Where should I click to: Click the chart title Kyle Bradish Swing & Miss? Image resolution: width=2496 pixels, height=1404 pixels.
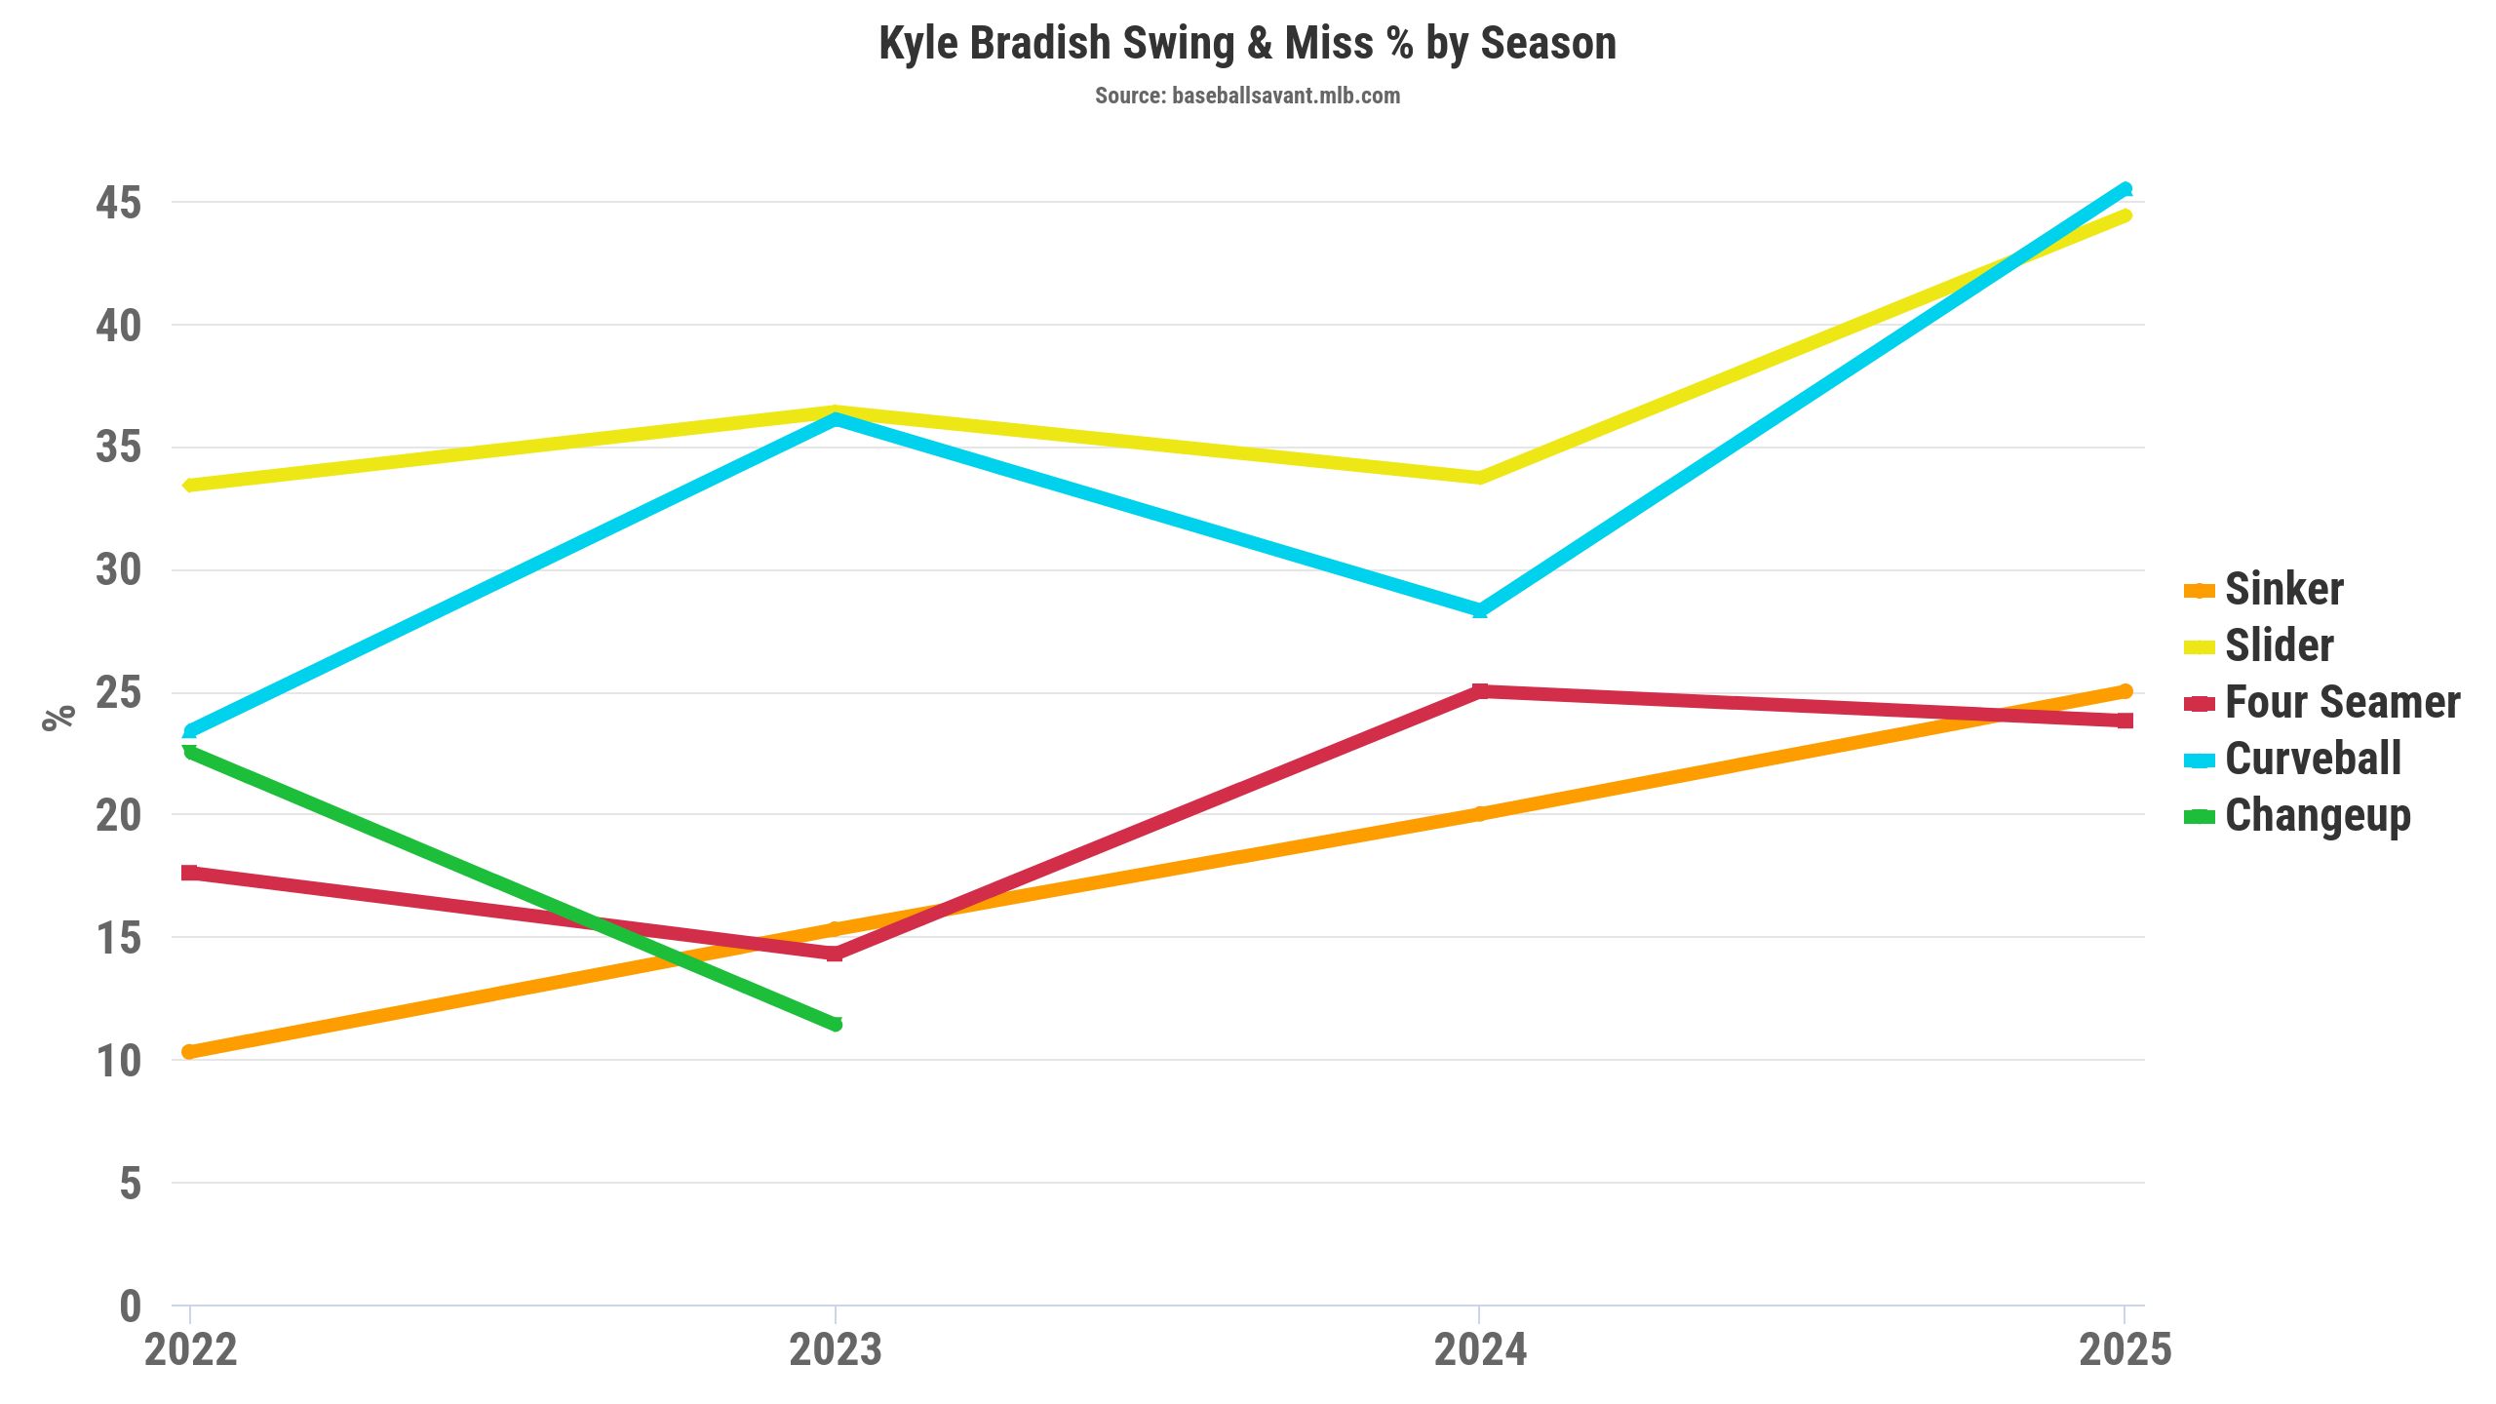(x=1247, y=44)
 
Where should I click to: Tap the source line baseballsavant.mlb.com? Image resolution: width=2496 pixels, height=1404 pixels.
(x=1247, y=96)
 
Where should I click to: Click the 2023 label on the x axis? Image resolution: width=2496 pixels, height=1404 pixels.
(x=835, y=1350)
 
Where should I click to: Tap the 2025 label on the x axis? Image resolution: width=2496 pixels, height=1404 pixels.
(x=2125, y=1350)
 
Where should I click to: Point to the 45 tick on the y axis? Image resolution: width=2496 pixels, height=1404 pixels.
(x=118, y=204)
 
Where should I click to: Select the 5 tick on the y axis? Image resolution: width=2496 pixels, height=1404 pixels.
(x=130, y=1184)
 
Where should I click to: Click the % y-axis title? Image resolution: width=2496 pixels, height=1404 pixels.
(x=58, y=717)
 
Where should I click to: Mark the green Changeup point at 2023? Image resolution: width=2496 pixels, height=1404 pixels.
(x=835, y=1024)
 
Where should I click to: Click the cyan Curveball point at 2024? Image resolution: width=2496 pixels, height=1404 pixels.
(x=1480, y=610)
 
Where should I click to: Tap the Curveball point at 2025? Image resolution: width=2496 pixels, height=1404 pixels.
(x=2125, y=189)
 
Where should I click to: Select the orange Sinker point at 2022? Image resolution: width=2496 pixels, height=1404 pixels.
(x=190, y=1051)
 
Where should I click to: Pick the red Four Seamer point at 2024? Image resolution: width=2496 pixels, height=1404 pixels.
(x=1480, y=691)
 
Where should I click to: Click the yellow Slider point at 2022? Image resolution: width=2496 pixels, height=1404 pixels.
(x=190, y=485)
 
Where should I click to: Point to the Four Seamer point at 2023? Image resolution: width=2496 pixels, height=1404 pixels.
(x=835, y=954)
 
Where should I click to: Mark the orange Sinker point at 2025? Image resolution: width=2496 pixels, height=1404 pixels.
(x=2125, y=691)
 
